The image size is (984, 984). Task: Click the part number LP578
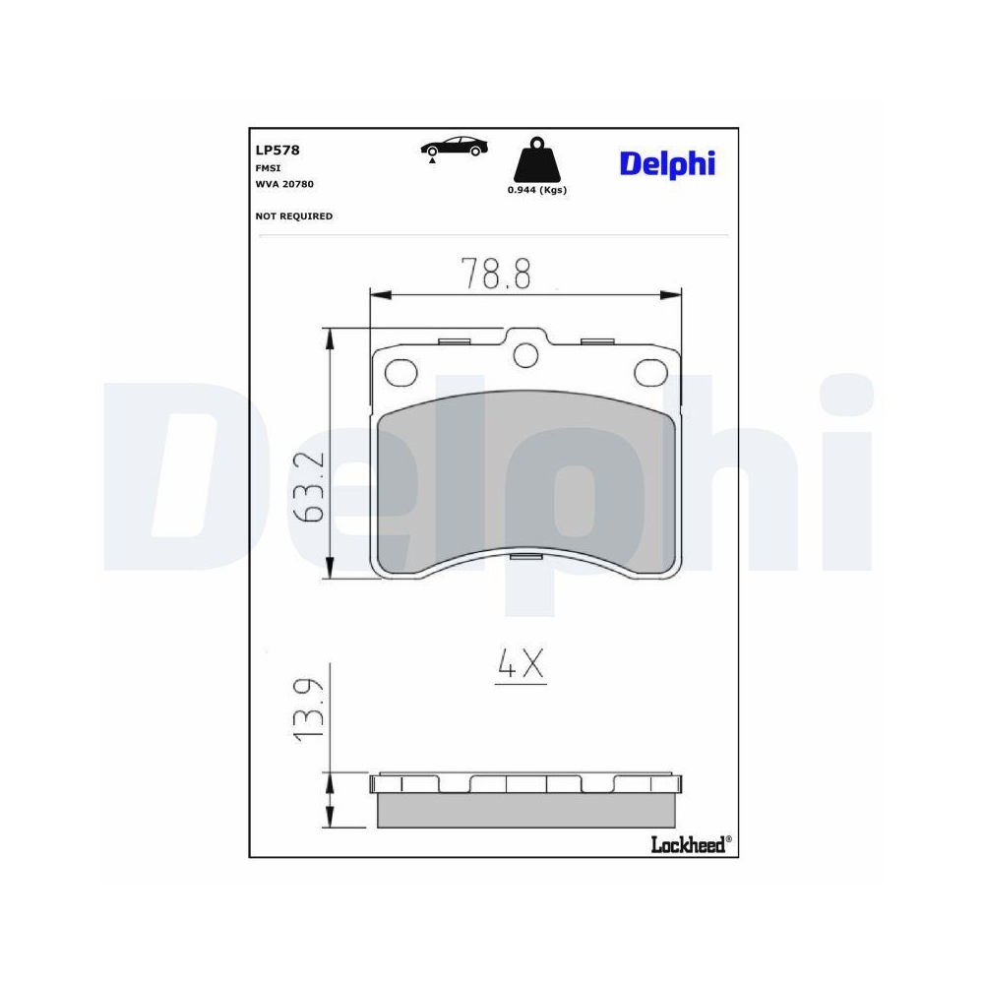click(x=277, y=151)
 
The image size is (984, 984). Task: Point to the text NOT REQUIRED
click(x=294, y=215)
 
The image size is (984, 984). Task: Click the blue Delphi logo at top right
click(x=667, y=163)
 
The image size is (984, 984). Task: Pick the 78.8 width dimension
click(x=498, y=273)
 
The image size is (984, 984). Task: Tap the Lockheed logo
click(x=690, y=843)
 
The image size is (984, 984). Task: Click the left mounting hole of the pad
click(x=400, y=372)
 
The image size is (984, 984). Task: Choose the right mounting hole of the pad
click(x=649, y=373)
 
